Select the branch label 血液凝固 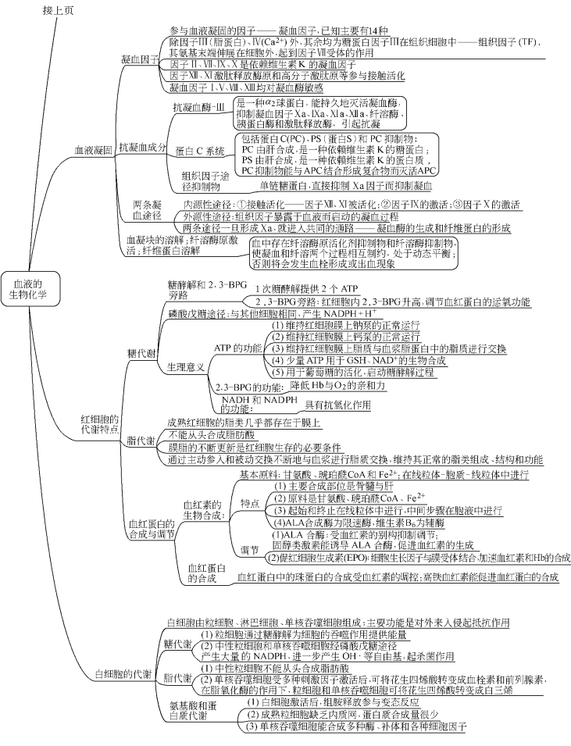(x=92, y=148)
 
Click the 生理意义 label (x=186, y=366)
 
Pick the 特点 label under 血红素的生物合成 (x=250, y=504)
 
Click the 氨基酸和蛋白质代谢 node (x=188, y=711)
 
